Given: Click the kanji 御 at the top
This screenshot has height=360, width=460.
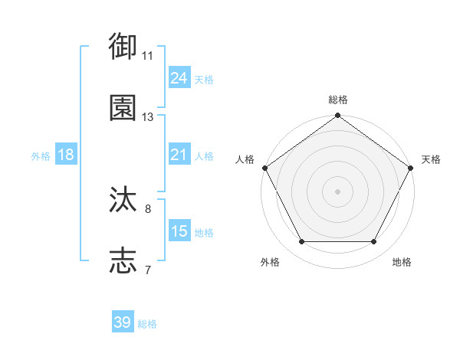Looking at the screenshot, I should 123,47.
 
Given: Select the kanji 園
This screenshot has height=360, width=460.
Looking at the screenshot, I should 123,109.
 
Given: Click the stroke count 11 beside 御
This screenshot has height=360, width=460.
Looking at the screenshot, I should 148,56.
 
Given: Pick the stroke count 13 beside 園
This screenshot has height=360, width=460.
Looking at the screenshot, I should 148,117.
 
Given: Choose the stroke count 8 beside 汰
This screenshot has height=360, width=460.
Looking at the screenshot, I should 148,208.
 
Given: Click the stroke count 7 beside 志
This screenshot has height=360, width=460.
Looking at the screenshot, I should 148,270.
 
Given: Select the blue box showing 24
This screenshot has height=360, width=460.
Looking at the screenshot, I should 179,77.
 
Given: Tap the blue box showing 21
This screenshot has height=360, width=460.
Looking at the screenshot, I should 179,155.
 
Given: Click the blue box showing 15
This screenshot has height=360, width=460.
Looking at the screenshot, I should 179,231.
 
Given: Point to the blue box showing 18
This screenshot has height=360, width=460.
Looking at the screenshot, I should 66,155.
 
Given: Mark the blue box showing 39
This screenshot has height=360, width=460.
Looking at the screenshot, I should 123,322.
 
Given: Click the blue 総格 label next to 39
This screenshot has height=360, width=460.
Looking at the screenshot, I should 147,324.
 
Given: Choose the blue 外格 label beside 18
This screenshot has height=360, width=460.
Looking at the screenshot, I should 41,156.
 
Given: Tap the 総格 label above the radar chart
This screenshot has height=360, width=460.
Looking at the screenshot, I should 337,100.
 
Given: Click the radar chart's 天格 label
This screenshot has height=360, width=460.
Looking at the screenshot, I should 431,159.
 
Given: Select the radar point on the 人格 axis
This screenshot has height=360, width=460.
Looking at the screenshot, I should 265,167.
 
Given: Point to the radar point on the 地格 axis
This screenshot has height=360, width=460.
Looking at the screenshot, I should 374,242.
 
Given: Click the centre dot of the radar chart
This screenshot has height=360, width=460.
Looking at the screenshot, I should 337,191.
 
